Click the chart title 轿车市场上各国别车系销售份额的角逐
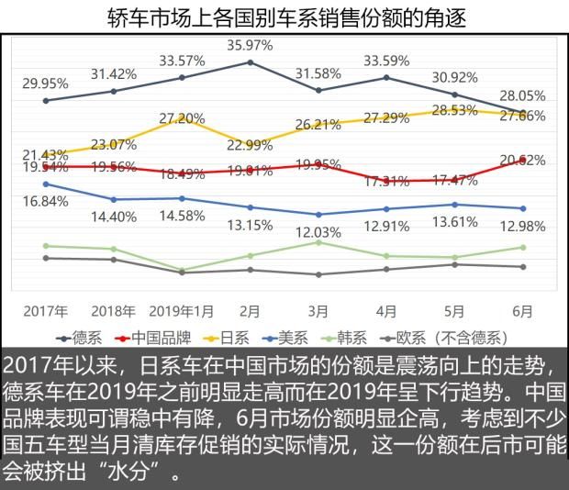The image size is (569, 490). pyautogui.click(x=284, y=17)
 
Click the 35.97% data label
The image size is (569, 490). pyautogui.click(x=251, y=44)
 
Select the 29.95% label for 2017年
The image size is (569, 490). pyautogui.click(x=46, y=83)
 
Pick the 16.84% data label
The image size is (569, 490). pyautogui.click(x=46, y=200)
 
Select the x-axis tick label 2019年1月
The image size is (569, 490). pyautogui.click(x=182, y=311)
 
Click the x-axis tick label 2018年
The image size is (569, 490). pyautogui.click(x=114, y=311)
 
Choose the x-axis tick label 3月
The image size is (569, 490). pyautogui.click(x=318, y=311)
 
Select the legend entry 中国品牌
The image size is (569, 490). pyautogui.click(x=152, y=336)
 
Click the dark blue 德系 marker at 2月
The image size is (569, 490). pyautogui.click(x=251, y=62)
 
